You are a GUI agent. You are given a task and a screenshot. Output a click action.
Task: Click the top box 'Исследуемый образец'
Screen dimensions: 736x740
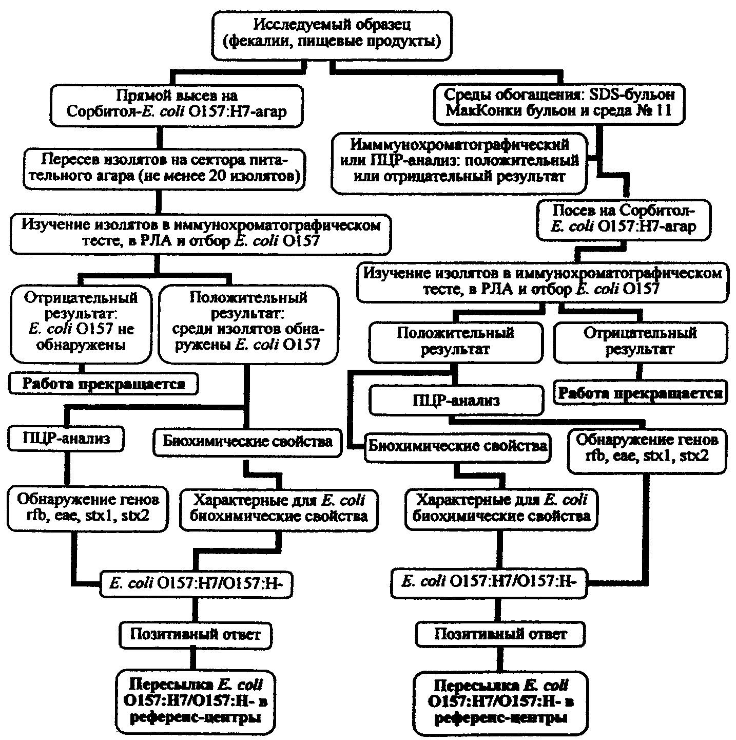[332, 36]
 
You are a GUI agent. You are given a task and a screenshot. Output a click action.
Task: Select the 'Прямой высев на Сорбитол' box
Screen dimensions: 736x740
[177, 106]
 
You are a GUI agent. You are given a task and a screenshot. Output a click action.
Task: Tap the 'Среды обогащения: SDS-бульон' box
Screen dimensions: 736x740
[559, 104]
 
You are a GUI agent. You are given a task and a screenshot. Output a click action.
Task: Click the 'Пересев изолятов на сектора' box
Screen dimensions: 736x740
[164, 169]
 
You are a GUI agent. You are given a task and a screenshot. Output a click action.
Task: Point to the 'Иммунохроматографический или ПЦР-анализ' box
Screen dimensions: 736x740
[459, 163]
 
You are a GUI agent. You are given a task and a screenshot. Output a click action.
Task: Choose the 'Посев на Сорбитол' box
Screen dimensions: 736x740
[624, 220]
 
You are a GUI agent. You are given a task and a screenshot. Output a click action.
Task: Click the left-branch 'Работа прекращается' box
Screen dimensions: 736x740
[103, 384]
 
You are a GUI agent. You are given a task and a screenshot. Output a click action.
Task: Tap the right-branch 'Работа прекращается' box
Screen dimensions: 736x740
[641, 392]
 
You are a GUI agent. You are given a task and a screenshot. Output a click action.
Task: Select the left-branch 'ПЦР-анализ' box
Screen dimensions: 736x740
[66, 438]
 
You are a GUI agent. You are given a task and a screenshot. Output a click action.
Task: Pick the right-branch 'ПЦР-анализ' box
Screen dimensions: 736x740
[456, 401]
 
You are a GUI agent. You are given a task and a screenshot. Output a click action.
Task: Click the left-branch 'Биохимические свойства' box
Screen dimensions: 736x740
[247, 442]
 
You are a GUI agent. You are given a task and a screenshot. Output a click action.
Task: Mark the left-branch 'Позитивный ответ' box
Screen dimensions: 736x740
[196, 634]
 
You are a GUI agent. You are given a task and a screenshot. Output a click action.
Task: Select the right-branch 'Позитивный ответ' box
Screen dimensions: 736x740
[500, 634]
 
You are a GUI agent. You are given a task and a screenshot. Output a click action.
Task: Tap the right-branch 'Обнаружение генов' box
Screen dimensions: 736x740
[647, 451]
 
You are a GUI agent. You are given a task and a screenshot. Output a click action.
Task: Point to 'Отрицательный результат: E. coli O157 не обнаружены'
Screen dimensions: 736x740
[81, 324]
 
